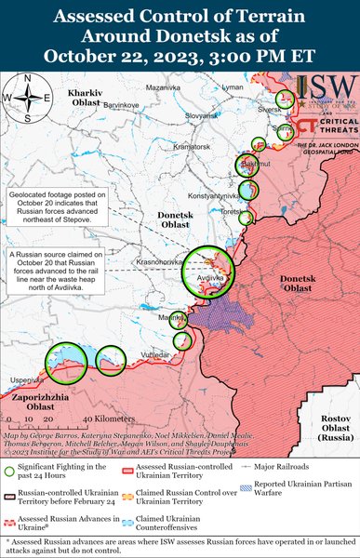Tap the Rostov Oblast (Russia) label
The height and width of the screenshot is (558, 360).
pos(334,427)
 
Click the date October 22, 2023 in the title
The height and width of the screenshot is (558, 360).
pos(180,55)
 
